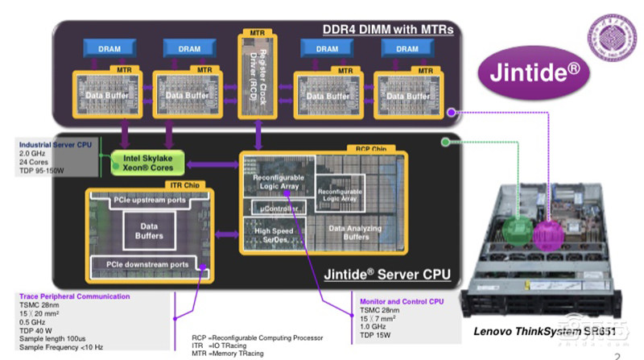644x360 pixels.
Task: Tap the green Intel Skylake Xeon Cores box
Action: [x=148, y=162]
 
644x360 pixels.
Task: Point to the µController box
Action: [x=276, y=209]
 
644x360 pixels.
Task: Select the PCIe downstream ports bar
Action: [x=147, y=263]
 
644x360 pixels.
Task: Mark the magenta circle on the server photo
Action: [x=552, y=234]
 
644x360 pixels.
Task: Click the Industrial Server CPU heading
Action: [x=55, y=144]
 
